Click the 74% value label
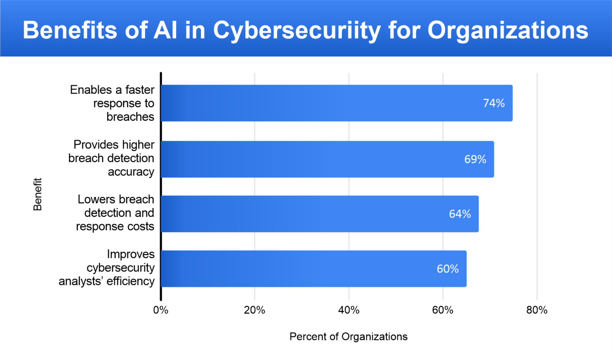coord(494,103)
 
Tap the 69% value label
coord(475,159)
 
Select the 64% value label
coord(460,214)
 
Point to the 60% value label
coord(447,269)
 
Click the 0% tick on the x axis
coord(161,310)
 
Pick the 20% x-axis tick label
coord(255,310)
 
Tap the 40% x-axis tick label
coord(349,310)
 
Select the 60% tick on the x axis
coord(443,310)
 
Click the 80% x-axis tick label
coord(537,310)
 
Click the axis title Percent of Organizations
coord(348,336)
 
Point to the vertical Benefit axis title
coord(37,194)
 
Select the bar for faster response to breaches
coord(319,103)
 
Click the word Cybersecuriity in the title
coord(296,30)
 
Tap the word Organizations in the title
coord(508,30)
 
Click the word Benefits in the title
coord(70,30)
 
